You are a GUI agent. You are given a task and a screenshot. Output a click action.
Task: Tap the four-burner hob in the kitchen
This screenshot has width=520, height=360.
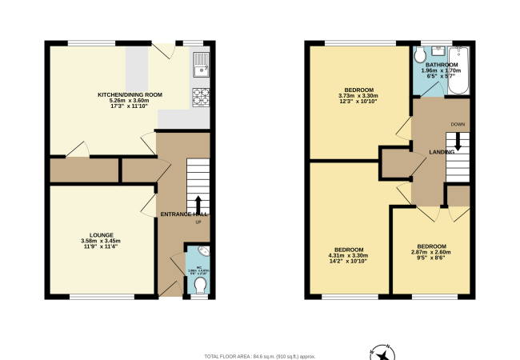click(x=200, y=98)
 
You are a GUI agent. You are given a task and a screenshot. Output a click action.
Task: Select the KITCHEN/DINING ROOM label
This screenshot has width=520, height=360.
click(x=130, y=95)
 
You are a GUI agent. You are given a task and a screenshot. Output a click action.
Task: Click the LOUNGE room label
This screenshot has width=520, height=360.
click(x=100, y=235)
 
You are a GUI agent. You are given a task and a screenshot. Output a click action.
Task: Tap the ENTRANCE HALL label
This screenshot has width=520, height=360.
click(x=183, y=214)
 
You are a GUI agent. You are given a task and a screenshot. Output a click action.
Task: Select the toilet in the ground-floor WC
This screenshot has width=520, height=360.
click(x=200, y=286)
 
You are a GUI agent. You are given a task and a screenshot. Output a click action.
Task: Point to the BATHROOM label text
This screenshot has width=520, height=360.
click(x=441, y=64)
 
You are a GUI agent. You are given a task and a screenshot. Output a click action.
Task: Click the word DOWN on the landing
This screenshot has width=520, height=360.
click(x=458, y=124)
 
